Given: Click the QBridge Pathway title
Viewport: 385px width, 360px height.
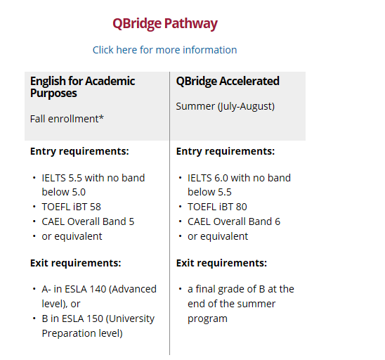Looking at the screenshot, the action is point(165,24).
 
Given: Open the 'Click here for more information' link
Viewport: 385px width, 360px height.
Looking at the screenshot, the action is point(165,50).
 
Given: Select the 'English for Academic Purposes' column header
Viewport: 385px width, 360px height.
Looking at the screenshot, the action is point(82,87).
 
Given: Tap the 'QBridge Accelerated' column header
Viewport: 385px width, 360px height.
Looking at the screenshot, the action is point(228,81).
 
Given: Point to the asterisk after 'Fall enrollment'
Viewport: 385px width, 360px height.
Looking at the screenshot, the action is point(101,117).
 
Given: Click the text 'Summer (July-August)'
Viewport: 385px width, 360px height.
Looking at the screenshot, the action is point(225,106).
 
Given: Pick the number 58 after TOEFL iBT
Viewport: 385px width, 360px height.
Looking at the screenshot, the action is point(96,207).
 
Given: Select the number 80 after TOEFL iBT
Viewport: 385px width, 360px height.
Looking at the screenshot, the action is point(241,207).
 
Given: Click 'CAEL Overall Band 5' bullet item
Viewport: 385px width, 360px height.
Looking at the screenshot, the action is point(88,221).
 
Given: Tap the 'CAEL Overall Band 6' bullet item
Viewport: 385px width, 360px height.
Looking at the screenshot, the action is point(234,221).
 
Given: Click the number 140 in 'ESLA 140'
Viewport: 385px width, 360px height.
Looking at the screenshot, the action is point(98,289).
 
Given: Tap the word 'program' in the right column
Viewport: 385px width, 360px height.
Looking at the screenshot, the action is point(207,319).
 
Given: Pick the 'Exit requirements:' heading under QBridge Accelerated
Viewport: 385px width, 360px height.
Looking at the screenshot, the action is point(221,263).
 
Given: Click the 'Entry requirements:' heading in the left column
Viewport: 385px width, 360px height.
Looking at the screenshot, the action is point(79,151).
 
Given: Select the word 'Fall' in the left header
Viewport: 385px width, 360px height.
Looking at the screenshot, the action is point(37,119).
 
